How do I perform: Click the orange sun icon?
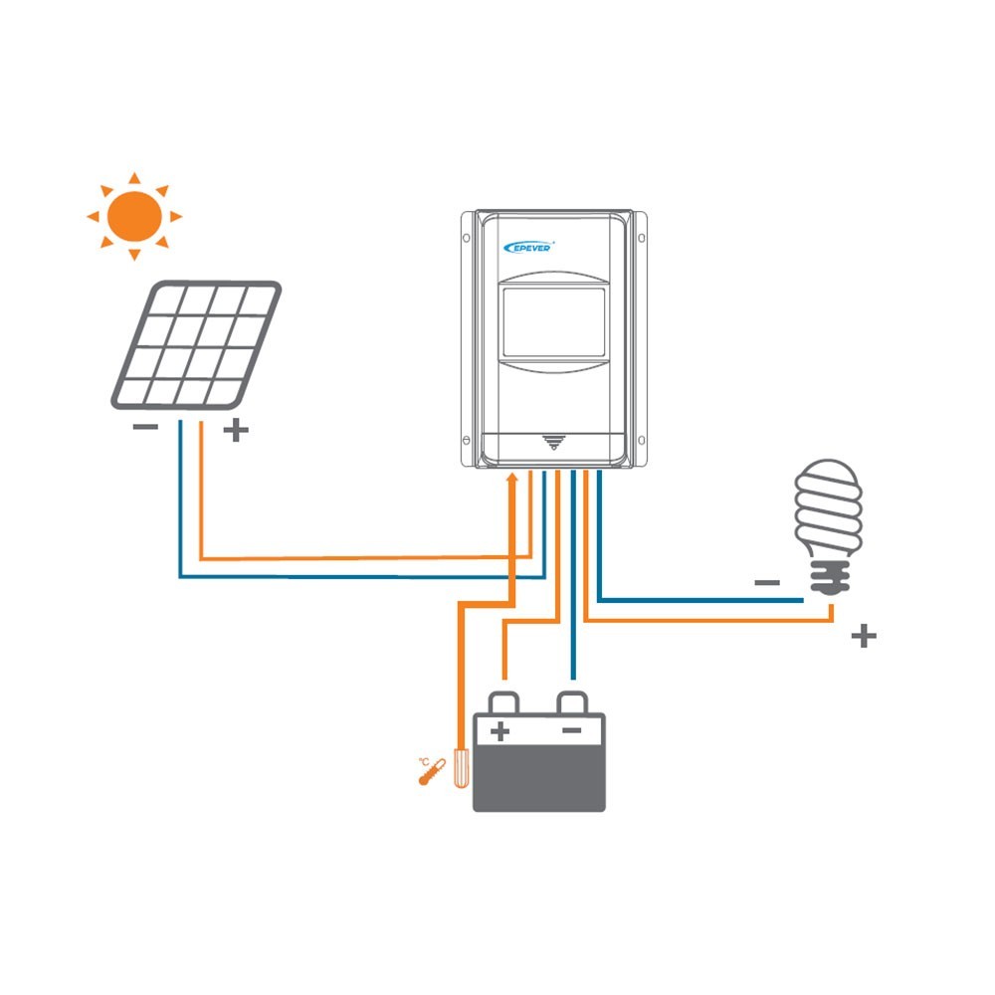(134, 215)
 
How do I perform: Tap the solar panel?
(196, 343)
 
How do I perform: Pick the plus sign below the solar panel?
(235, 431)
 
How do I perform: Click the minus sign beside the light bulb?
(766, 582)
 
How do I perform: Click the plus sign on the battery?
(500, 732)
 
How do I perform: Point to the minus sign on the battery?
(571, 731)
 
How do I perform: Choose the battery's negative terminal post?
(572, 701)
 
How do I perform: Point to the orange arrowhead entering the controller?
(512, 481)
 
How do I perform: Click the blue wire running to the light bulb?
(696, 599)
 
